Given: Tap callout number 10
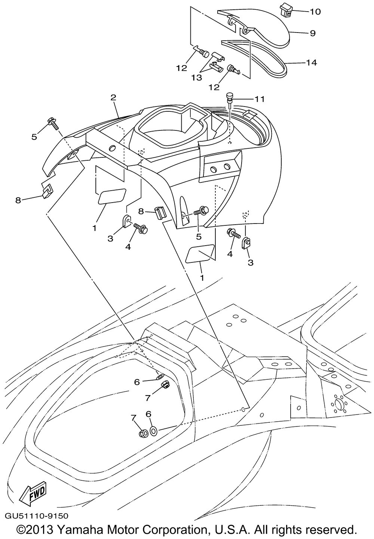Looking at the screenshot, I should [x=315, y=12].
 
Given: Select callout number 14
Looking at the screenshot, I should [x=312, y=63].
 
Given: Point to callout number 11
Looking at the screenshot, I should [x=260, y=99].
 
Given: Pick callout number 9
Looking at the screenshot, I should [x=312, y=33].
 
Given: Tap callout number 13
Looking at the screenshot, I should [x=196, y=78].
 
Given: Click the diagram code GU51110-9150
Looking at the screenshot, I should [x=36, y=516].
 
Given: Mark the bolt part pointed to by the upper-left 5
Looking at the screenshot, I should [x=53, y=123].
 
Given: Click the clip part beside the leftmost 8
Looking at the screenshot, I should [x=47, y=191].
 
